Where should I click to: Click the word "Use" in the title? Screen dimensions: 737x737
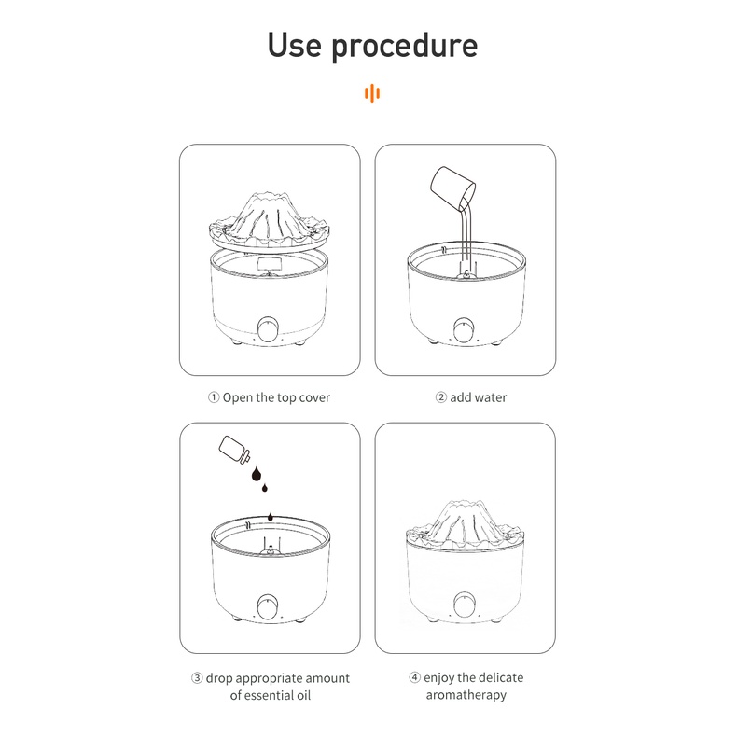(294, 45)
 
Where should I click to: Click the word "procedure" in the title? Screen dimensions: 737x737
(405, 47)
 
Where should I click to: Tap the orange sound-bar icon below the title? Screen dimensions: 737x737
(372, 93)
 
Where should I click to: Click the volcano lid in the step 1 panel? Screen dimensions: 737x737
(269, 221)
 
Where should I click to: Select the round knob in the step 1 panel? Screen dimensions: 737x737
(268, 328)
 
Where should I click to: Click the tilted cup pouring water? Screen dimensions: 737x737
(452, 188)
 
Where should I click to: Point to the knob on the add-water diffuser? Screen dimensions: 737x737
(464, 329)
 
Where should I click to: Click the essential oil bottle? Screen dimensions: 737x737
(234, 451)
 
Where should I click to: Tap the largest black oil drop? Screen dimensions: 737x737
(257, 474)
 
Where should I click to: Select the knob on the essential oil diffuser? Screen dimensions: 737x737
(268, 606)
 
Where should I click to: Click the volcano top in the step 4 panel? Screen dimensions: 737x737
(464, 524)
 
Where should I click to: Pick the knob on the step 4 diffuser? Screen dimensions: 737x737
(464, 605)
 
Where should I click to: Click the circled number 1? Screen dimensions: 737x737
(214, 397)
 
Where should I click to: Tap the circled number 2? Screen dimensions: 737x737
(441, 397)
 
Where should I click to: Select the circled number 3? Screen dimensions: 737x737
(197, 678)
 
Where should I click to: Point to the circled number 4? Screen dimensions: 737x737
(414, 677)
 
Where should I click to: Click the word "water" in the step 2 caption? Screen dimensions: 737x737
(491, 397)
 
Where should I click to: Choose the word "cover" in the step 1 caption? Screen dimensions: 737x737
(314, 397)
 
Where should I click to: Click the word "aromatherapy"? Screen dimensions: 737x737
(466, 695)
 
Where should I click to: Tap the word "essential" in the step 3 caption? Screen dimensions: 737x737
(268, 695)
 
